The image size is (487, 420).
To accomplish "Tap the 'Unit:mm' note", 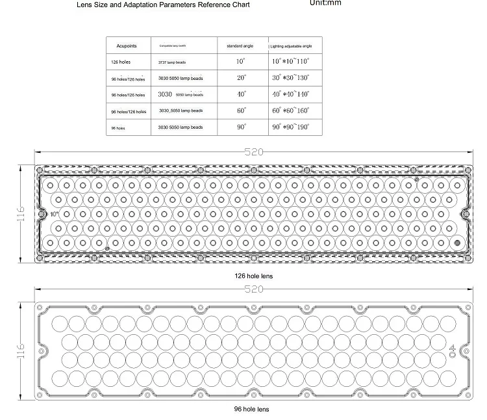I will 325,3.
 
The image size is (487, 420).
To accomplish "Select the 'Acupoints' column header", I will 127,47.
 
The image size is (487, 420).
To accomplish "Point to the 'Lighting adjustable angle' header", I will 291,47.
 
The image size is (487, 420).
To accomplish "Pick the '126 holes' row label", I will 122,62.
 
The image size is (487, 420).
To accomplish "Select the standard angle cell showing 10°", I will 241,61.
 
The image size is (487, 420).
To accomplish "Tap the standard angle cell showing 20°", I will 241,77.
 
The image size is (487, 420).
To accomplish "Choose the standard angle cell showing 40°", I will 241,94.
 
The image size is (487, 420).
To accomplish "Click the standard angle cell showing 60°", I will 241,111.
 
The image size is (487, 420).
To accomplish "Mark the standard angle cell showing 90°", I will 241,127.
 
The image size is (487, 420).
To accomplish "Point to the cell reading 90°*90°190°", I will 290,127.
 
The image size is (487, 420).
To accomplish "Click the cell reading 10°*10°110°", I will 290,61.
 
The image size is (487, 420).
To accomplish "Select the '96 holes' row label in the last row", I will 118,128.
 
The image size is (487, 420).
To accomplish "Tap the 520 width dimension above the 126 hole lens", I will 253,152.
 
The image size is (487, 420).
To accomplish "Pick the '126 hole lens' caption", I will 253,276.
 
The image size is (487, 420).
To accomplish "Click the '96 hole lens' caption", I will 251,409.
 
